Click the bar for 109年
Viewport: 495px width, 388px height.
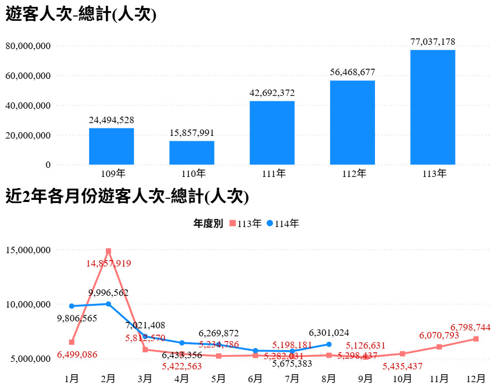pyautogui.click(x=111, y=146)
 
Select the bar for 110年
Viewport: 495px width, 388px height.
pyautogui.click(x=192, y=152)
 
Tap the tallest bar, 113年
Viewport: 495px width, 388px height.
pyautogui.click(x=433, y=107)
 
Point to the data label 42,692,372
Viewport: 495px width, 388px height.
pyautogui.click(x=272, y=93)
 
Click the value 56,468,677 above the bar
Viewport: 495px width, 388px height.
pyautogui.click(x=353, y=72)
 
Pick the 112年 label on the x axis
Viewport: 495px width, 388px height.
pyautogui.click(x=353, y=174)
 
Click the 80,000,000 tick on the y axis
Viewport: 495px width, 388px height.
pyautogui.click(x=28, y=46)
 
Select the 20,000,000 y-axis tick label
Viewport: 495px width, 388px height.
pyautogui.click(x=28, y=135)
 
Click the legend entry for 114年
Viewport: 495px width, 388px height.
pyautogui.click(x=283, y=224)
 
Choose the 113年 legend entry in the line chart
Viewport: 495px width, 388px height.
pyautogui.click(x=246, y=224)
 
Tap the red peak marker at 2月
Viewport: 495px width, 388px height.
pyautogui.click(x=108, y=251)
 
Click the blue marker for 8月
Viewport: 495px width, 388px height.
pyautogui.click(x=329, y=344)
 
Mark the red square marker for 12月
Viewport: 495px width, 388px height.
pyautogui.click(x=476, y=339)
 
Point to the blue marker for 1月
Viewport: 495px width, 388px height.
pyautogui.click(x=71, y=306)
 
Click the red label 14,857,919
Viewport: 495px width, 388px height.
pyautogui.click(x=108, y=263)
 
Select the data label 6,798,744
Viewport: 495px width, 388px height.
pyautogui.click(x=470, y=327)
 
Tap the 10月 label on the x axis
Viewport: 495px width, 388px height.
pyautogui.click(x=402, y=378)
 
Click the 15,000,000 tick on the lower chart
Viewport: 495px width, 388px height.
pyautogui.click(x=28, y=250)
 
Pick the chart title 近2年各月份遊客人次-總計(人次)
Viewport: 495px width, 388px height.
pyautogui.click(x=127, y=198)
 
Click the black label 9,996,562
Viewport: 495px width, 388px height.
pyautogui.click(x=108, y=293)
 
